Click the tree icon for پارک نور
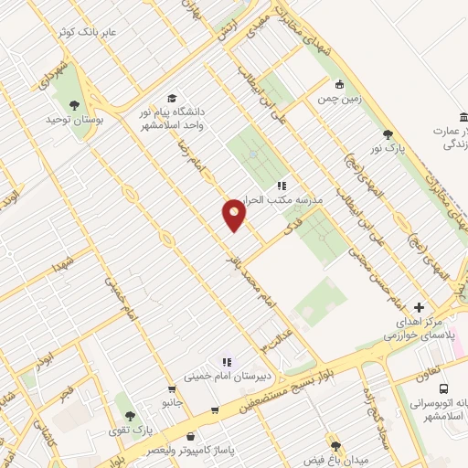388,133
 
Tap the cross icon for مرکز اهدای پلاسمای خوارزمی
419,308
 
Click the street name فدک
292,223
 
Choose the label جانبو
174,402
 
